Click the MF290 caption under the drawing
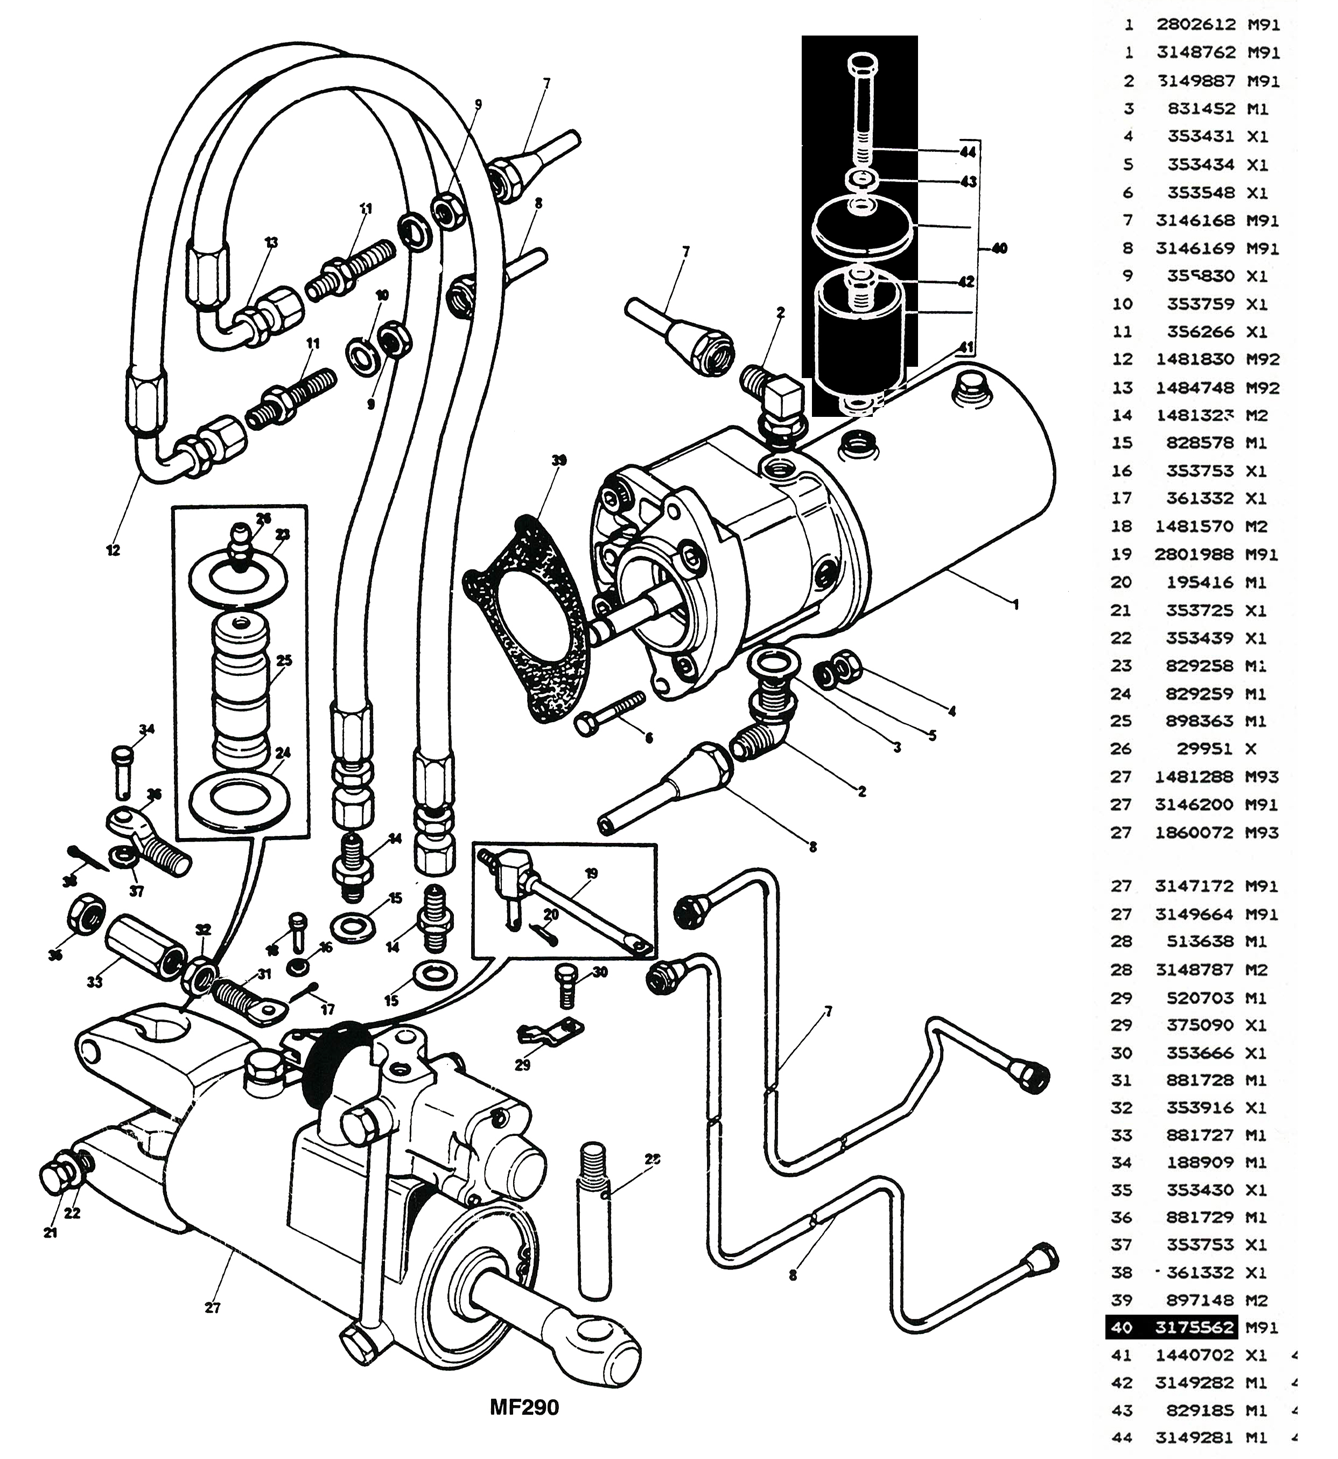coord(524,1407)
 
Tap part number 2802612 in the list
coord(1195,25)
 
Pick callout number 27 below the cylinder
coord(212,1308)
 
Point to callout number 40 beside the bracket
coord(999,248)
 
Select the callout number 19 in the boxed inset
coord(592,873)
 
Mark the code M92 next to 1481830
coord(1263,359)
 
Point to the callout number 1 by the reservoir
coord(1016,604)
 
